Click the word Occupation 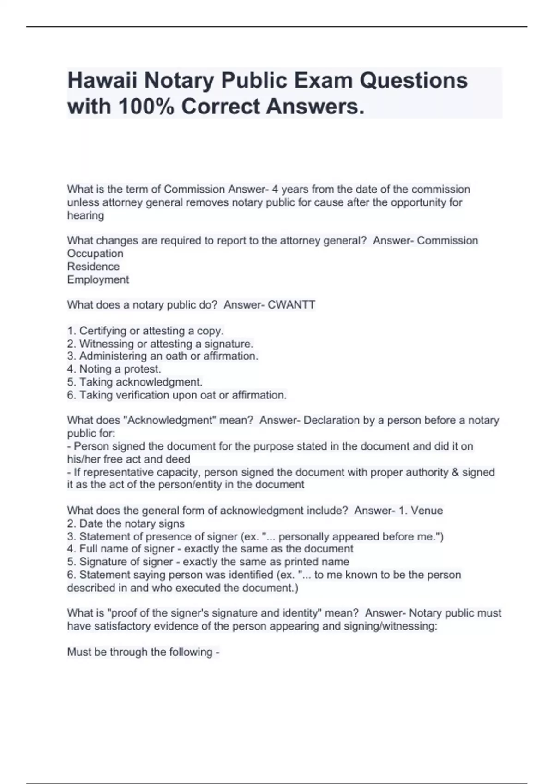[x=95, y=254]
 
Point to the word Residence [x=93, y=267]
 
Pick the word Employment [x=98, y=279]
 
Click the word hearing [x=85, y=215]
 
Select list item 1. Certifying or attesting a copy [x=145, y=331]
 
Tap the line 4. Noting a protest [x=114, y=369]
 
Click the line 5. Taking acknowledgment [x=135, y=382]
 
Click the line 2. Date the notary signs [x=126, y=523]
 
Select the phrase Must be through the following [x=140, y=652]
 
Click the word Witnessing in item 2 [x=103, y=344]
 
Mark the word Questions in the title [x=413, y=81]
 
